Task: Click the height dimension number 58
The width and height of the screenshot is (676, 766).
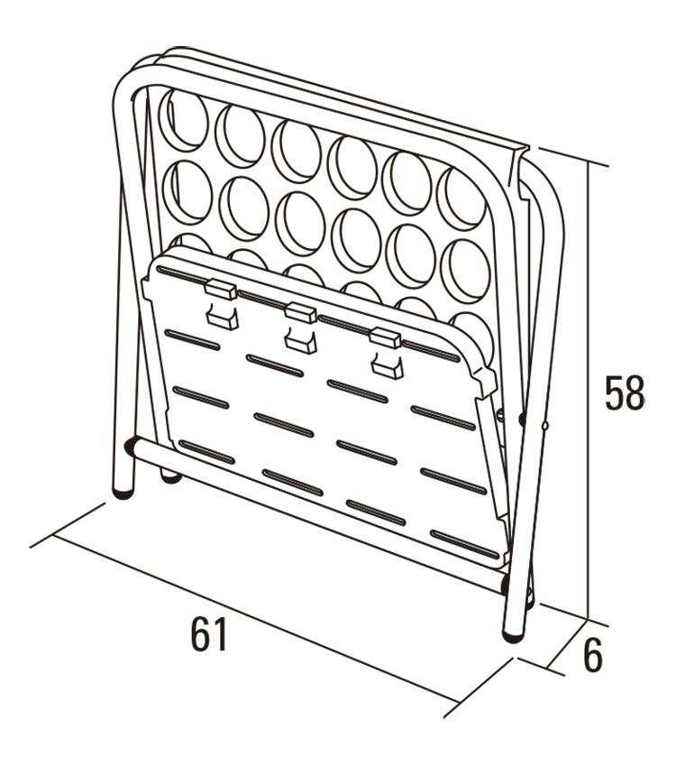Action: click(625, 392)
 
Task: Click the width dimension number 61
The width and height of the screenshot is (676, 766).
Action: click(209, 634)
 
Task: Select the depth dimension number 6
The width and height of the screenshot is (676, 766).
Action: click(593, 655)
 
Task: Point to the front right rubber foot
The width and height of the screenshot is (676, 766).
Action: click(513, 635)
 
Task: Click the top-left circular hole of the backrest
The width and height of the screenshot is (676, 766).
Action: click(184, 120)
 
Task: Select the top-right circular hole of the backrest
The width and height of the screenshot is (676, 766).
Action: click(461, 198)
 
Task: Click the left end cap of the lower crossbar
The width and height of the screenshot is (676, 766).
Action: click(131, 447)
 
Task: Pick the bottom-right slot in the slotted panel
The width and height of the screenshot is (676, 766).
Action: click(465, 545)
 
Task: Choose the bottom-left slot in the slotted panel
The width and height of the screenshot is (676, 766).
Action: click(207, 452)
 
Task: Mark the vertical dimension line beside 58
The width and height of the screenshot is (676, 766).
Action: click(589, 391)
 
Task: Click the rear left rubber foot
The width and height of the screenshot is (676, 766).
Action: click(171, 478)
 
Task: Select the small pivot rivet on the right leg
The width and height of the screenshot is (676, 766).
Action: click(545, 426)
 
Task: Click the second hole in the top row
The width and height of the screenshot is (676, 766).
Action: click(240, 134)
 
